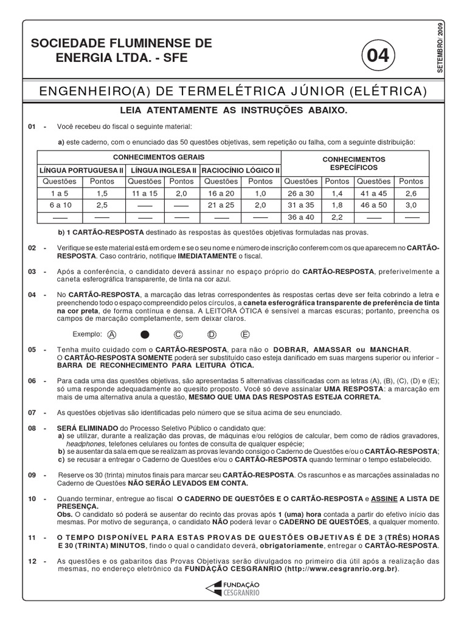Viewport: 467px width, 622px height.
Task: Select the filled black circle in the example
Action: coord(145,334)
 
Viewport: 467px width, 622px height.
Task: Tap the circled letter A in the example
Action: coord(111,334)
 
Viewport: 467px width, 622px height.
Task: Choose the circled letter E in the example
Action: coord(245,334)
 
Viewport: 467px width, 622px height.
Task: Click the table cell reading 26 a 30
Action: coord(301,193)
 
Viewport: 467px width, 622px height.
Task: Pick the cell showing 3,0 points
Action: coord(412,205)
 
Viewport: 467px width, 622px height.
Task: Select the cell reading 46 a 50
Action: coord(374,205)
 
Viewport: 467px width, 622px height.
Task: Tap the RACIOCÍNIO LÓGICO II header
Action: coord(240,170)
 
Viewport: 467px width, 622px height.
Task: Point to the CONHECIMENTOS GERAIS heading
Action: coord(160,157)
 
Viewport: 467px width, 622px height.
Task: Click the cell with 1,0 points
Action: coord(261,193)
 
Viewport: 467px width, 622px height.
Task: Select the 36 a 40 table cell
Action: coord(301,217)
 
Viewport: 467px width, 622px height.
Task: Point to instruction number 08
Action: coord(33,428)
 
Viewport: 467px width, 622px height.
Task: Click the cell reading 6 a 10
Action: coord(60,205)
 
